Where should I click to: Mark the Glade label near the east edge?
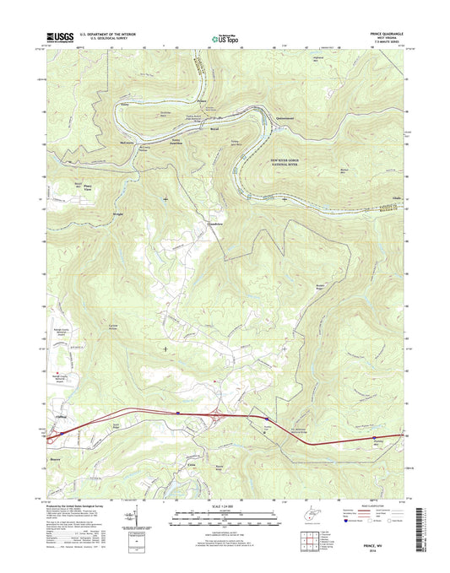(x=398, y=199)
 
